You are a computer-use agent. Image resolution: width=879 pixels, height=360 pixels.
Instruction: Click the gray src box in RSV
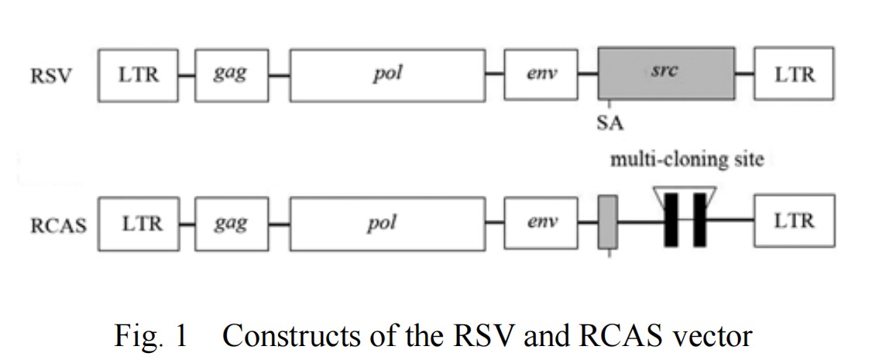[666, 74]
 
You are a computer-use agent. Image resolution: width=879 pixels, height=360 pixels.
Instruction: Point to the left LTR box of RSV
[139, 74]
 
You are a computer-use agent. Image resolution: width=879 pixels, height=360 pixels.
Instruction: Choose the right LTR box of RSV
[795, 74]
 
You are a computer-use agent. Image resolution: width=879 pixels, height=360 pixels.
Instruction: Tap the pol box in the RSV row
[387, 74]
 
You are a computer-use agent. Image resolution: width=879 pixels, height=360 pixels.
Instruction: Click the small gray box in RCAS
[609, 223]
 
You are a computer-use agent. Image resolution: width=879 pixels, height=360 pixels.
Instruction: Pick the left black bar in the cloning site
[671, 220]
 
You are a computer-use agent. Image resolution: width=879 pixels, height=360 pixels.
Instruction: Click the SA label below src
[610, 122]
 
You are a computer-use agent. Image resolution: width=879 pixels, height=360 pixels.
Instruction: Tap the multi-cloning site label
[687, 160]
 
